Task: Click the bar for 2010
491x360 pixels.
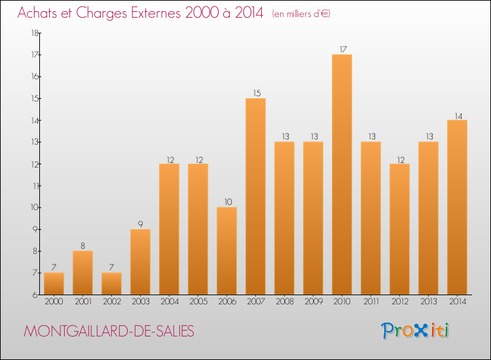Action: (342, 174)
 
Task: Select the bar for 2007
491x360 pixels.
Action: (256, 196)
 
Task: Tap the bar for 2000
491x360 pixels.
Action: (54, 283)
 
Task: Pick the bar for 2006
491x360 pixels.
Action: (227, 251)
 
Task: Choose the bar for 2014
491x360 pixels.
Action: (458, 207)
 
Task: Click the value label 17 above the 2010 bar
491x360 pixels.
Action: (342, 49)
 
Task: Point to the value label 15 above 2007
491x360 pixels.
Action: (256, 93)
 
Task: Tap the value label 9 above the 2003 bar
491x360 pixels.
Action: (141, 224)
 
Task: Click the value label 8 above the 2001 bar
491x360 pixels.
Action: (83, 245)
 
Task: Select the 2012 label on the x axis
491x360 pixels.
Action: (400, 302)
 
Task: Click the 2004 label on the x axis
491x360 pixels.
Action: (170, 302)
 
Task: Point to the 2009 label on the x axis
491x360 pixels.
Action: (314, 302)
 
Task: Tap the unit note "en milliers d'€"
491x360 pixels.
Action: (301, 14)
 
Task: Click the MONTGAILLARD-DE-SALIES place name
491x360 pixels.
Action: (109, 331)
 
